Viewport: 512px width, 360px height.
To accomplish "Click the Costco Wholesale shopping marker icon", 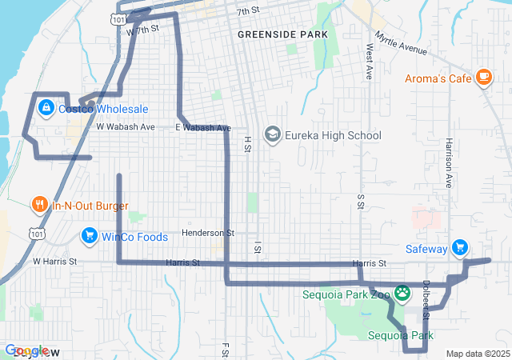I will [x=46, y=107].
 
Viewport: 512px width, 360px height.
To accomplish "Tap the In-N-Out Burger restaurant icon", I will [x=39, y=205].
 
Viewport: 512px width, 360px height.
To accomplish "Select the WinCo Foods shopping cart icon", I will [x=88, y=236].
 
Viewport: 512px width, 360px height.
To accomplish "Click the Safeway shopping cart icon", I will [x=459, y=248].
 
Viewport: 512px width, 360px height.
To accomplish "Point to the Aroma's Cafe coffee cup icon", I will [x=482, y=77].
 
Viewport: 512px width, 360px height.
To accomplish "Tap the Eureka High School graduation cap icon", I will [x=273, y=134].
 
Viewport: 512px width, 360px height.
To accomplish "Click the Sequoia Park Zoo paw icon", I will [x=402, y=294].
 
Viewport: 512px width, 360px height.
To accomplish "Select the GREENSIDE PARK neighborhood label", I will [x=272, y=36].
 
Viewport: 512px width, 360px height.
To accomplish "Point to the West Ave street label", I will [x=369, y=61].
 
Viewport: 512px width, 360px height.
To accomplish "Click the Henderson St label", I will [x=207, y=233].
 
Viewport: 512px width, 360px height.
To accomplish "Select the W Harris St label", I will [x=54, y=262].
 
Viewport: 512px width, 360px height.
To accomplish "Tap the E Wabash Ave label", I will [x=203, y=128].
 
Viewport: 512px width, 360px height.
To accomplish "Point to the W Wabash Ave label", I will [x=126, y=127].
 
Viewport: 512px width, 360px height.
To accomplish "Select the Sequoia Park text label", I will [x=401, y=335].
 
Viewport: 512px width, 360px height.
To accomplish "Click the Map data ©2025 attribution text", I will [x=478, y=354].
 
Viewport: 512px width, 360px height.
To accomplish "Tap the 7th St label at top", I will [x=249, y=11].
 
